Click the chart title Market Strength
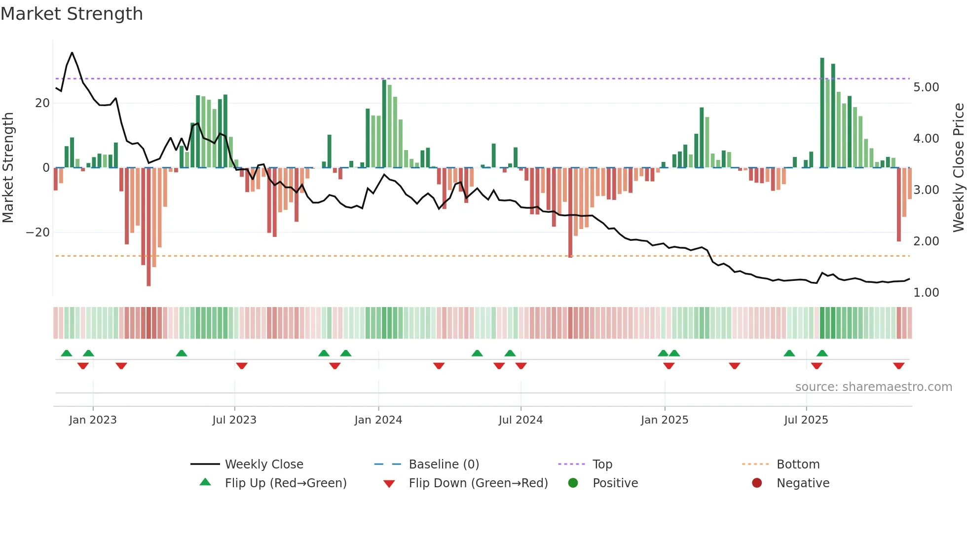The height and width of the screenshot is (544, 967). point(72,14)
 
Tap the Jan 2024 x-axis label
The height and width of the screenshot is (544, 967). point(378,420)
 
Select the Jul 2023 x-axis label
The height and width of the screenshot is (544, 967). point(234,420)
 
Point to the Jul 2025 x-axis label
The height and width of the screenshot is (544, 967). point(806,420)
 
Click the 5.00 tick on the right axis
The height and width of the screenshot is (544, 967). point(926,87)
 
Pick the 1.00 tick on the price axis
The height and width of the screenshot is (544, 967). point(926,293)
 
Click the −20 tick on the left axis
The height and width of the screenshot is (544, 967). point(38,233)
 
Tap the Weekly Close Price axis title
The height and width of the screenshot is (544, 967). point(958,167)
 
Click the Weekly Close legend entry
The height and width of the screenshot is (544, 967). point(263,465)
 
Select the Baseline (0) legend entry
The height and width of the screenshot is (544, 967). point(444,465)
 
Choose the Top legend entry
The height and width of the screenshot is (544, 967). point(602,465)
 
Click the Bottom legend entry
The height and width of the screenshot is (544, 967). point(798,465)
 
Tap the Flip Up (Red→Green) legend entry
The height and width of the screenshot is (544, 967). point(285,483)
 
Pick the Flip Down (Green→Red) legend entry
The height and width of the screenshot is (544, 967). point(478,483)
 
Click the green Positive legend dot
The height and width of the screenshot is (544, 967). point(573,483)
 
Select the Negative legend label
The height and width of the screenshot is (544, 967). point(803,483)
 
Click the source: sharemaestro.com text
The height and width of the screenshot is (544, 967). point(873,387)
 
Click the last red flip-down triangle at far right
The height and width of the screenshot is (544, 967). point(898,366)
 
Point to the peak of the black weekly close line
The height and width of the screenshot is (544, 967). point(72,52)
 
